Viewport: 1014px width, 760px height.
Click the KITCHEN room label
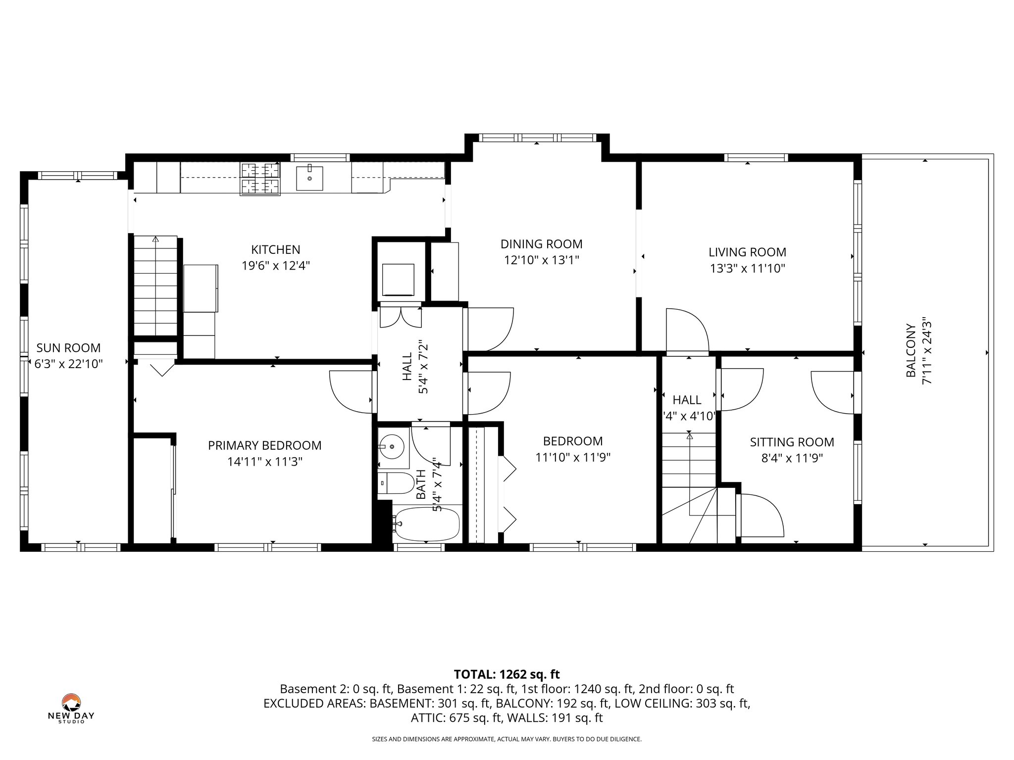pyautogui.click(x=275, y=249)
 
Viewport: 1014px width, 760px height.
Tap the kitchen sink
pyautogui.click(x=309, y=178)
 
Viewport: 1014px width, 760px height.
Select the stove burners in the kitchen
pyautogui.click(x=260, y=178)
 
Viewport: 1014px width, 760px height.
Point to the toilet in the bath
pyautogui.click(x=396, y=483)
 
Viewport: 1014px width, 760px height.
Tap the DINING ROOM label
pyautogui.click(x=541, y=244)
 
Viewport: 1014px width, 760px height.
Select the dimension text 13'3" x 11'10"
pyautogui.click(x=747, y=268)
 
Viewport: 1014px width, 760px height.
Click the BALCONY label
pyautogui.click(x=911, y=350)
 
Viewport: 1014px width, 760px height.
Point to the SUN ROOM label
pyautogui.click(x=68, y=348)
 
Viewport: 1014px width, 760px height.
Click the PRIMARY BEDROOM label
pyautogui.click(x=264, y=445)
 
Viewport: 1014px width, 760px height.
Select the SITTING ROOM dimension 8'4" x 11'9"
pyautogui.click(x=792, y=458)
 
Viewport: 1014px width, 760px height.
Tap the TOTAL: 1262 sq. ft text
pyautogui.click(x=507, y=674)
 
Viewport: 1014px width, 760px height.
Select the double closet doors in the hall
pyautogui.click(x=401, y=317)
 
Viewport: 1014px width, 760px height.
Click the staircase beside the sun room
pyautogui.click(x=155, y=287)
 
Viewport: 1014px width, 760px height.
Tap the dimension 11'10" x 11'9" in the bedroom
pyautogui.click(x=572, y=457)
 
